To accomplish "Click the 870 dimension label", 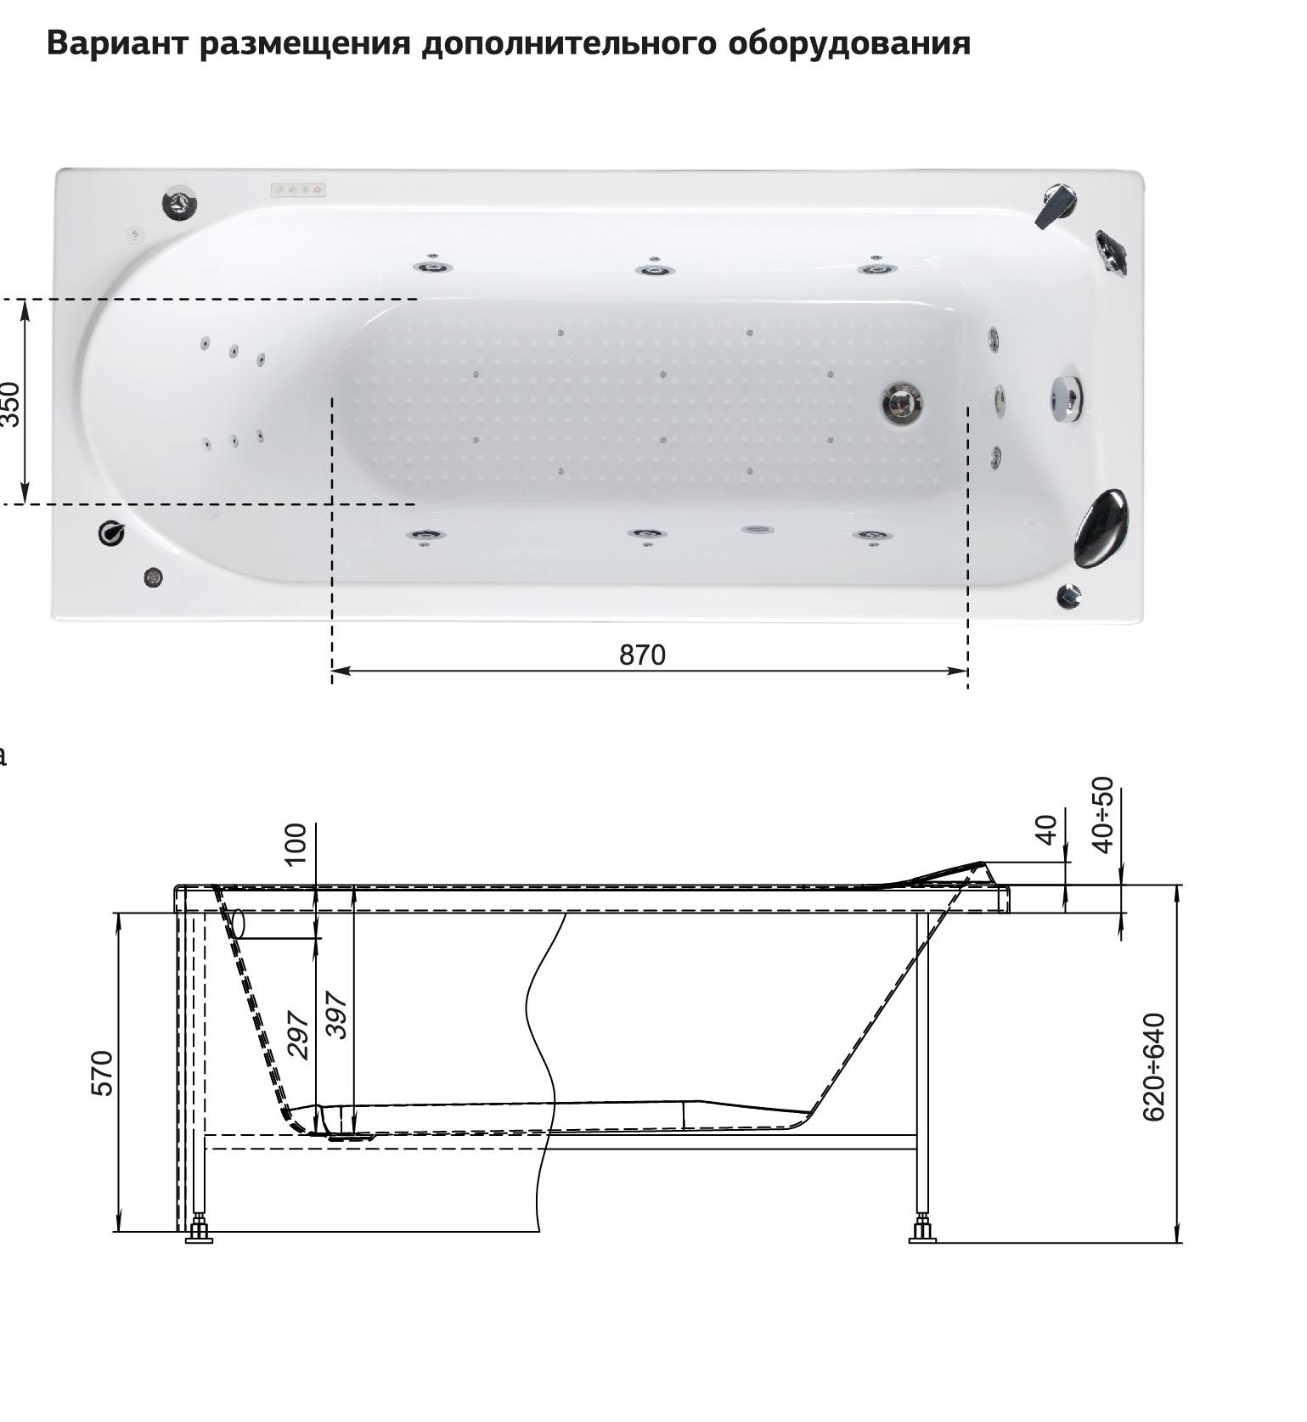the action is pos(642,655).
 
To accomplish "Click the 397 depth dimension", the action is pos(337,1015).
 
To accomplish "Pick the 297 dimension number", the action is pos(297,1034).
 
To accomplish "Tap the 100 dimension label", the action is pos(295,844).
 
